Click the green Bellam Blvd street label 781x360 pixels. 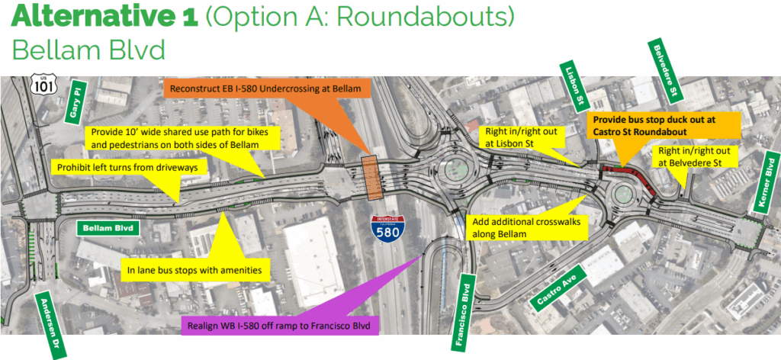[107, 227]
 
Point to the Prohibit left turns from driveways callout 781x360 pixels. [115, 166]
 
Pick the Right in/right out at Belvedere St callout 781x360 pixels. [699, 157]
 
